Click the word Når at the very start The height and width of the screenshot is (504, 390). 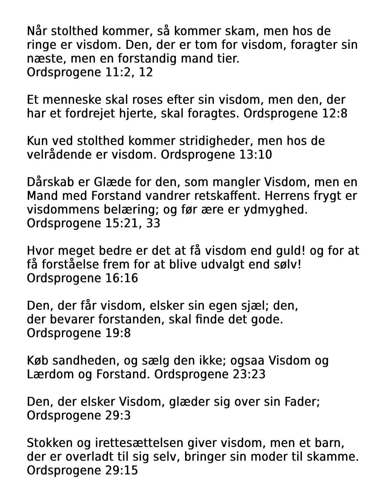tap(37, 31)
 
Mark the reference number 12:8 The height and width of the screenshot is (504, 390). tap(335, 113)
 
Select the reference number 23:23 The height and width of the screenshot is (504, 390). tap(249, 374)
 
